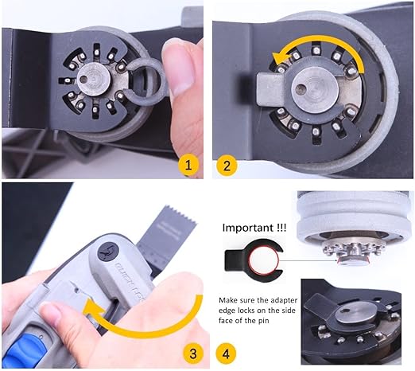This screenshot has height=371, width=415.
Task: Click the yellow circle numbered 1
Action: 188,165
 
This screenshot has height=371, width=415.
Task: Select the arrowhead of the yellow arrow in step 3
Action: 93,307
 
